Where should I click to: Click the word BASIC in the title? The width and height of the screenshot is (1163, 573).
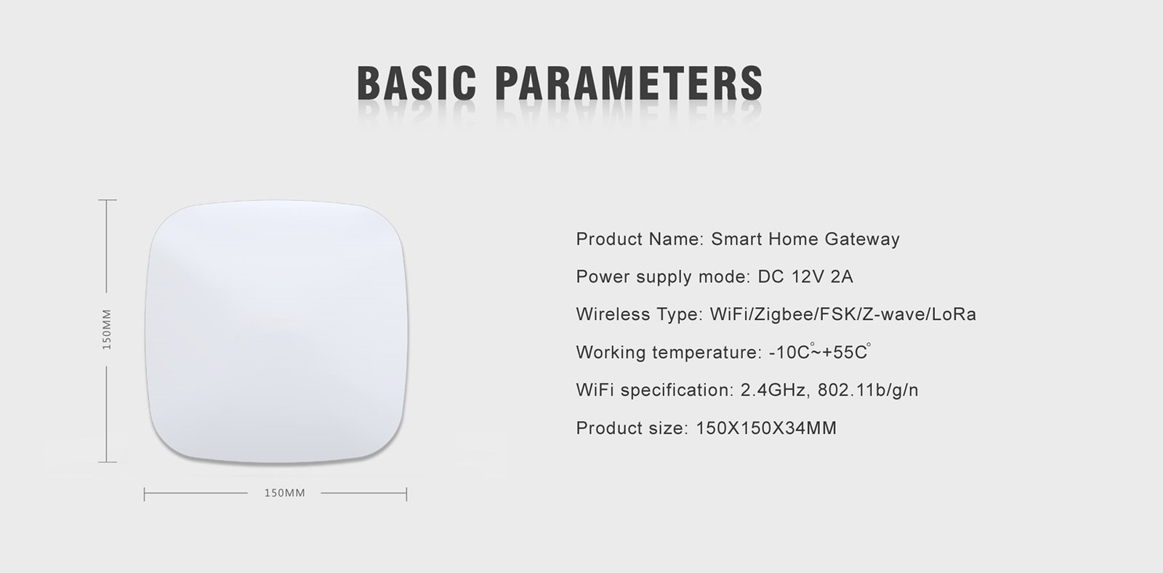(417, 83)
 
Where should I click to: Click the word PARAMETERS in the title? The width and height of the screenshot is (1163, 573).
(629, 83)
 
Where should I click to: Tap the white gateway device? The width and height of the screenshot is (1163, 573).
(276, 332)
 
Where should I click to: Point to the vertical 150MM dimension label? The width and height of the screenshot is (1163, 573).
(106, 329)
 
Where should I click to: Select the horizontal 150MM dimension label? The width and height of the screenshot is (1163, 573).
(284, 493)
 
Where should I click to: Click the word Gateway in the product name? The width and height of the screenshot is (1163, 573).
(862, 239)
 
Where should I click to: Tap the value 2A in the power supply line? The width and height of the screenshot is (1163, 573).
(842, 276)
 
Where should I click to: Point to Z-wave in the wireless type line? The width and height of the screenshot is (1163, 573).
(893, 314)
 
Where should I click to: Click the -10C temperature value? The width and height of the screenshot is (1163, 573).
(790, 352)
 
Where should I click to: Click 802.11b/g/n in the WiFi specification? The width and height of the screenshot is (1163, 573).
(868, 390)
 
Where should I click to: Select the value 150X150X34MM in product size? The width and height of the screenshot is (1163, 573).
(766, 428)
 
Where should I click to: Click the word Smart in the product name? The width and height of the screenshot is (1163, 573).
(737, 239)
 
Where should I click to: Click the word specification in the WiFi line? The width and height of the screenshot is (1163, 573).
(677, 390)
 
